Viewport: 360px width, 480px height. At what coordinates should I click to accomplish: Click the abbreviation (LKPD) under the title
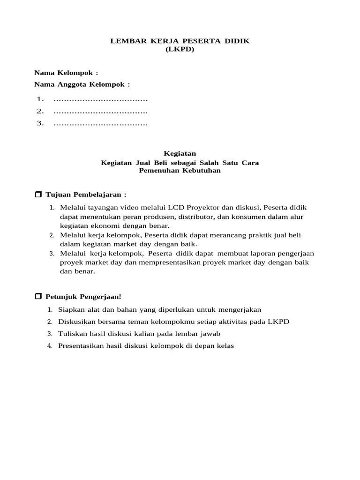(x=180, y=49)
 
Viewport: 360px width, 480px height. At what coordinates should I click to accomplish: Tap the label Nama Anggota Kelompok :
(x=82, y=84)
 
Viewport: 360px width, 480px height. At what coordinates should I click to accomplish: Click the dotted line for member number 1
(x=101, y=99)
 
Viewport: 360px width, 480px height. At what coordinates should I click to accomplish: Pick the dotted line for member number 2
(x=101, y=112)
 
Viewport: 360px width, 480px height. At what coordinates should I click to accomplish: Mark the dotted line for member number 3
(x=101, y=124)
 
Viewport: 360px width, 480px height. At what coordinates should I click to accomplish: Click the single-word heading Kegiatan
(x=180, y=153)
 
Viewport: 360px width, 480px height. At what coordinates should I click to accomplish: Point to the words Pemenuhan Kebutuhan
(x=180, y=171)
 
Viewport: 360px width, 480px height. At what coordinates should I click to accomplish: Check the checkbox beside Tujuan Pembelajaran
(x=38, y=194)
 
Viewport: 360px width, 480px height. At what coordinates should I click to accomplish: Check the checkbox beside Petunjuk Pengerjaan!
(x=38, y=297)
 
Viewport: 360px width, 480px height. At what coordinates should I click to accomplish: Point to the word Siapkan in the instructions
(x=70, y=309)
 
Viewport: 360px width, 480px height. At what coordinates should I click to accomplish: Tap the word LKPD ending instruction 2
(x=279, y=322)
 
